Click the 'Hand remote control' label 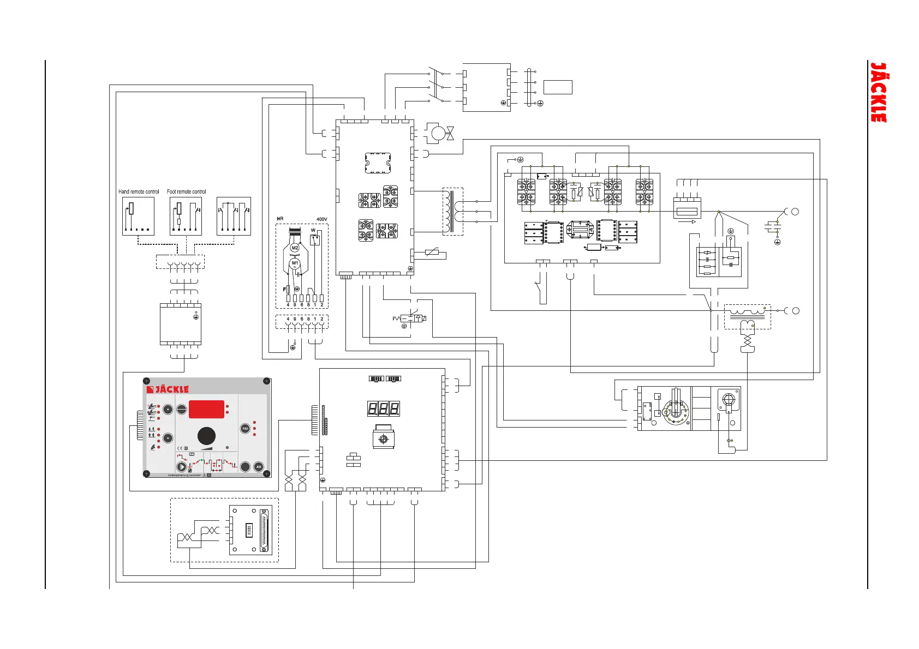pyautogui.click(x=139, y=192)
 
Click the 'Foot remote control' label pyautogui.click(x=187, y=192)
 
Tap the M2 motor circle pyautogui.click(x=295, y=248)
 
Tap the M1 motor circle pyautogui.click(x=295, y=263)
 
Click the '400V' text pyautogui.click(x=322, y=219)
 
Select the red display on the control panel pyautogui.click(x=206, y=409)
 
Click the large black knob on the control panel pyautogui.click(x=206, y=436)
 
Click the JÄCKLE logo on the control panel pyautogui.click(x=168, y=389)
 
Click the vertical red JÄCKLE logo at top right pyautogui.click(x=878, y=92)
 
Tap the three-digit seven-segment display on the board pyautogui.click(x=383, y=408)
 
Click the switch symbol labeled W pyautogui.click(x=315, y=240)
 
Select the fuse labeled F pyautogui.click(x=288, y=290)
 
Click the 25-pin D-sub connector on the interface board pyautogui.click(x=265, y=530)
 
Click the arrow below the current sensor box pyautogui.click(x=687, y=222)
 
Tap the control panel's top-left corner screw pyautogui.click(x=146, y=381)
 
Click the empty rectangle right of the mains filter pyautogui.click(x=558, y=87)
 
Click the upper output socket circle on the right pyautogui.click(x=795, y=212)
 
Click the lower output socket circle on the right pyautogui.click(x=795, y=311)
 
